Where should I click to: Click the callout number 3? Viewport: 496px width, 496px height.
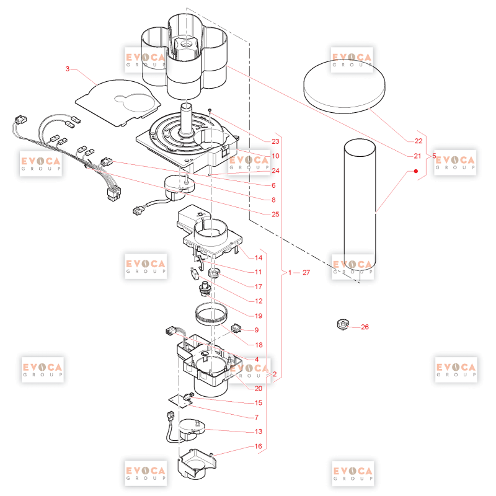click(68, 69)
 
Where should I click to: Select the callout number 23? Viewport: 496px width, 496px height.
click(275, 141)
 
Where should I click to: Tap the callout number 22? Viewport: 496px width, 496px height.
click(418, 141)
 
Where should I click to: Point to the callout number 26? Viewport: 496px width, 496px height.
click(365, 327)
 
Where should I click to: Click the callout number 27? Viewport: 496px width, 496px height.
click(306, 272)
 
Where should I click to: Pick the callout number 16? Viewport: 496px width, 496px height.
click(259, 446)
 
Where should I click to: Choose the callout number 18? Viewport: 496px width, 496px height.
click(259, 345)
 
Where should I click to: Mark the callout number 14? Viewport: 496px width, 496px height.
click(259, 258)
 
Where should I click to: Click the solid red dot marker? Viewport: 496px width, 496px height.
click(416, 171)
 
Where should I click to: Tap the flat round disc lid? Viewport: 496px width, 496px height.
click(344, 86)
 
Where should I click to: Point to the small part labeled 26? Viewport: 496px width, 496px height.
click(343, 324)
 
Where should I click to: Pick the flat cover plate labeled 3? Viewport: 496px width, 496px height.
click(118, 103)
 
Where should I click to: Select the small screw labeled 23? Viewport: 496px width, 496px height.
click(210, 110)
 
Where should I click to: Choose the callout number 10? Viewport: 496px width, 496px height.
click(275, 156)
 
